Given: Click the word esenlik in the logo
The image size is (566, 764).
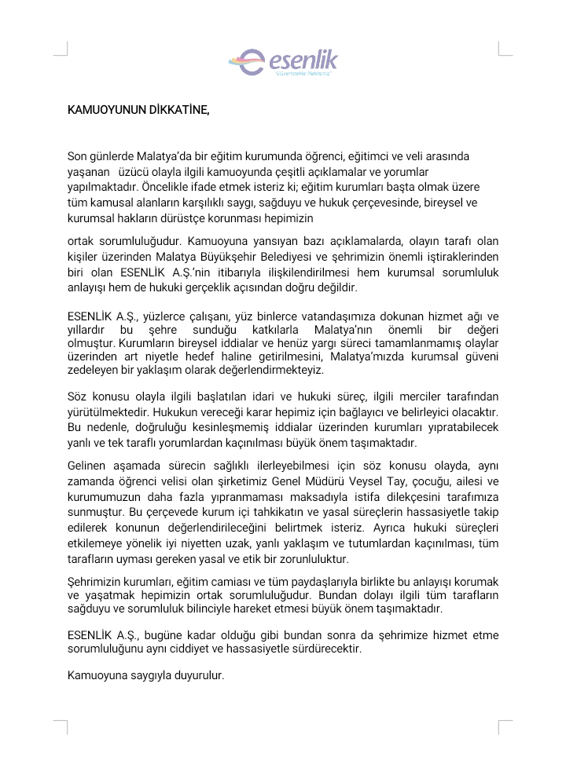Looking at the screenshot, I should coord(303,59).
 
